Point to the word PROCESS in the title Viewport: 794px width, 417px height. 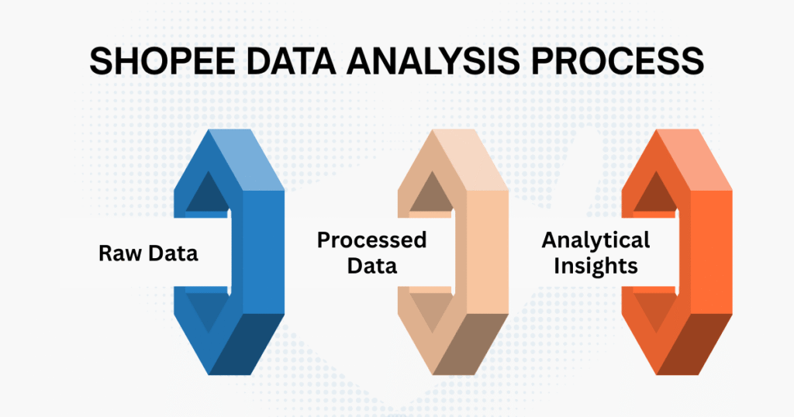point(626,62)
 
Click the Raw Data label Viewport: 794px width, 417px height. point(148,253)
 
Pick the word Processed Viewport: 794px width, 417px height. point(371,240)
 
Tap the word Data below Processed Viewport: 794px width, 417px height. point(371,266)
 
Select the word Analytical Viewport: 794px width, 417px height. point(595,240)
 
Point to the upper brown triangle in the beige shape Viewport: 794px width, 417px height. point(430,195)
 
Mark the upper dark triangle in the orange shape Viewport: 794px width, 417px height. point(654,195)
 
